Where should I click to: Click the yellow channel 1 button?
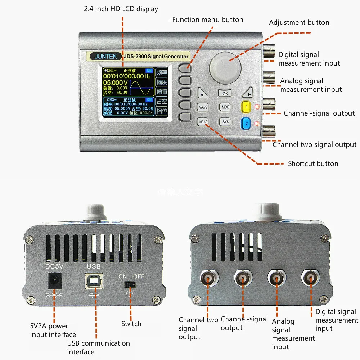pos(246,107)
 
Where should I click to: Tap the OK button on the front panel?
pos(225,94)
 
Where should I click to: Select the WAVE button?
pos(203,107)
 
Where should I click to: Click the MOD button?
pos(225,107)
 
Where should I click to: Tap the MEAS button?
pos(203,122)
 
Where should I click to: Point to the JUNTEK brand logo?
pos(102,57)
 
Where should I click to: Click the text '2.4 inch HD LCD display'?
pos(121,9)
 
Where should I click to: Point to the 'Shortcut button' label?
pos(313,163)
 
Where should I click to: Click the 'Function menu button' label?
pos(207,20)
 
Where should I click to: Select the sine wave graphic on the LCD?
pos(141,87)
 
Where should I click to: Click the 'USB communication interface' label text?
pos(98,347)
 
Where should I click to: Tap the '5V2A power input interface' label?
pos(53,330)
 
